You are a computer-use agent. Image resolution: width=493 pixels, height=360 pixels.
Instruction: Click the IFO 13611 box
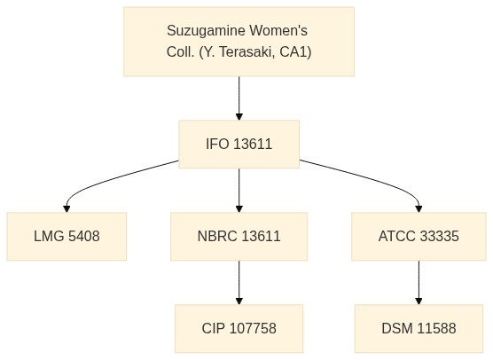(239, 144)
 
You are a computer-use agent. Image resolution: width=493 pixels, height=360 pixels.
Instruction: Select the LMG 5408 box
(67, 236)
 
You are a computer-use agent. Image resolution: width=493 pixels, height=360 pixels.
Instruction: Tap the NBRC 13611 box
(239, 236)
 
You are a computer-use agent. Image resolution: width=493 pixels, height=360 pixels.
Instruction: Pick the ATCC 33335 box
(419, 236)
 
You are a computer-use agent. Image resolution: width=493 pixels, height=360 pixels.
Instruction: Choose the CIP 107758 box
(239, 328)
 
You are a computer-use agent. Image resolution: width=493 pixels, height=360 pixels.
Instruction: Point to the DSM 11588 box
(419, 328)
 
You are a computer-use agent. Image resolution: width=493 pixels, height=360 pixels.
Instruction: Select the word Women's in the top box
(278, 30)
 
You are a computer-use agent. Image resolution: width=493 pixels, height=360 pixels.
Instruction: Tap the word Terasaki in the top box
(246, 52)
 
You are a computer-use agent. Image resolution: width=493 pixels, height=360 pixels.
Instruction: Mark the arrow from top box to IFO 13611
(239, 98)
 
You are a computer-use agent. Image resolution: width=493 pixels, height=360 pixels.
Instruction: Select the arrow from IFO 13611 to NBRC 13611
(239, 191)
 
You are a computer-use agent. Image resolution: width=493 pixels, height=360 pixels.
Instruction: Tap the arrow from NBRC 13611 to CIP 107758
(239, 282)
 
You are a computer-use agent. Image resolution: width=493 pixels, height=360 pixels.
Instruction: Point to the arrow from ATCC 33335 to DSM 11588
(419, 282)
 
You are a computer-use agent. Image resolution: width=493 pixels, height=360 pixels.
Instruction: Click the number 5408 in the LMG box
(84, 236)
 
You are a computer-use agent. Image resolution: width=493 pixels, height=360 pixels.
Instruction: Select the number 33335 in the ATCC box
(439, 236)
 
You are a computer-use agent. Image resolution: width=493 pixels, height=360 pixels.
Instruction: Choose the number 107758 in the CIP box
(253, 328)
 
